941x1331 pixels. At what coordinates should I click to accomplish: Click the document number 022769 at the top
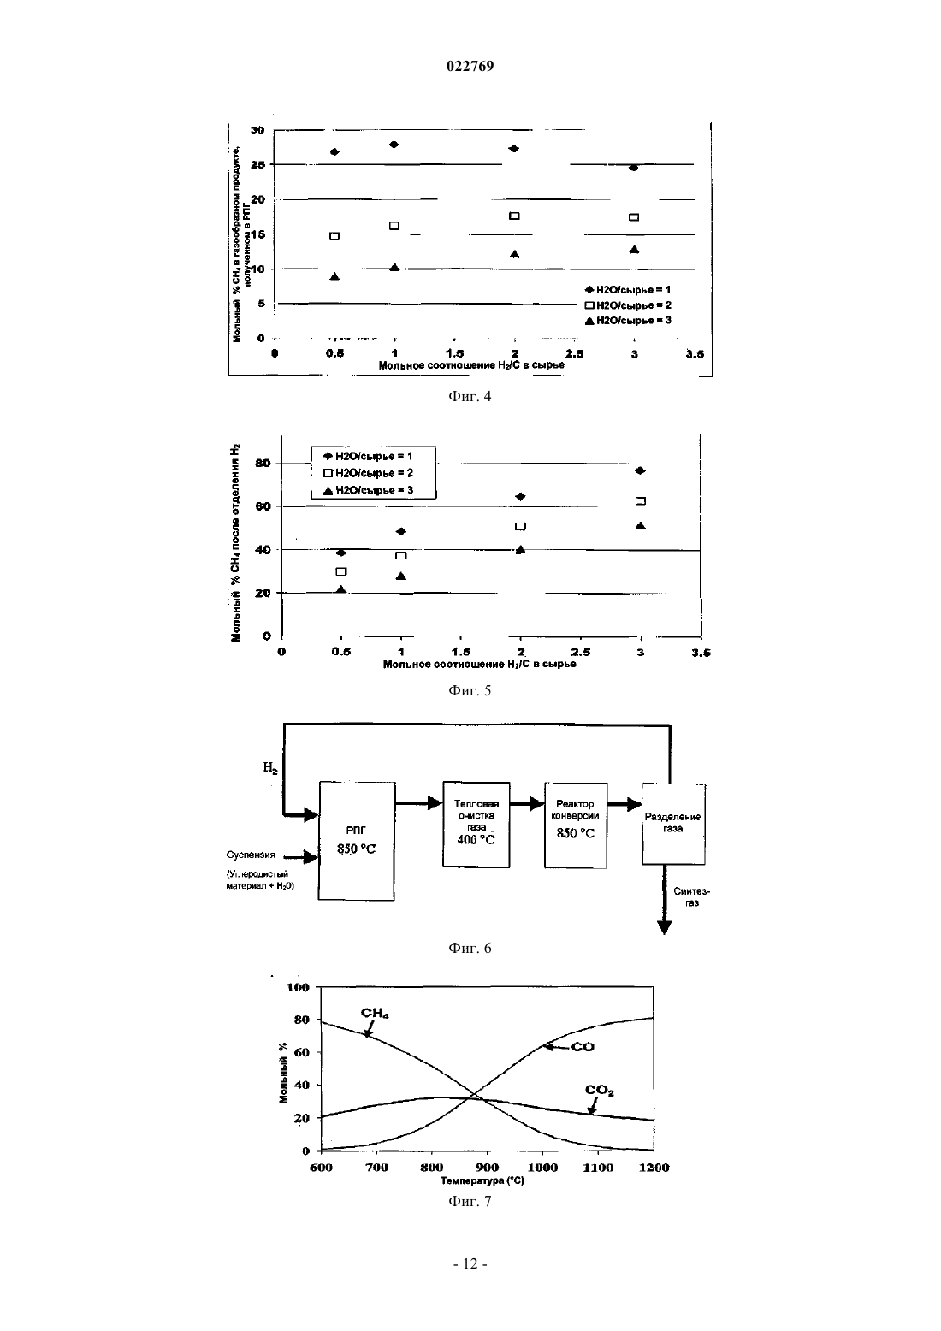pyautogui.click(x=470, y=66)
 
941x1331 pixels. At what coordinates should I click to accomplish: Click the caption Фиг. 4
pyautogui.click(x=470, y=396)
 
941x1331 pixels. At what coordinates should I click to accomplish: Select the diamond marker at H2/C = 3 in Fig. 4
pyautogui.click(x=634, y=168)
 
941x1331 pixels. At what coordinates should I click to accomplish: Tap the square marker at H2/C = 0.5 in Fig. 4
pyautogui.click(x=334, y=236)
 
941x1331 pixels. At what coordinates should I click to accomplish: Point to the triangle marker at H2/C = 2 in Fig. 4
pyautogui.click(x=514, y=254)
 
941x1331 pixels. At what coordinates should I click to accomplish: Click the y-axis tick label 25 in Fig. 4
pyautogui.click(x=257, y=164)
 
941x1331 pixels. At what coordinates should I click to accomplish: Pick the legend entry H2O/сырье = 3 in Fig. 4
pyautogui.click(x=628, y=320)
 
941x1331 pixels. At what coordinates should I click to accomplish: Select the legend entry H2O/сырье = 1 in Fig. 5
pyautogui.click(x=367, y=456)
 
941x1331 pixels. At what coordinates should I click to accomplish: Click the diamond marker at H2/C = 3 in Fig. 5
pyautogui.click(x=640, y=470)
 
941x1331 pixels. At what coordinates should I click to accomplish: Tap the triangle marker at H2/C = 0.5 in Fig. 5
pyautogui.click(x=341, y=589)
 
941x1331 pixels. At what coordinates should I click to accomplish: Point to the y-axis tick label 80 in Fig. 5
pyautogui.click(x=263, y=463)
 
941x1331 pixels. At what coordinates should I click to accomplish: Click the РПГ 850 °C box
pyautogui.click(x=357, y=841)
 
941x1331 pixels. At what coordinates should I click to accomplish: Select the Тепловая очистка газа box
pyautogui.click(x=476, y=825)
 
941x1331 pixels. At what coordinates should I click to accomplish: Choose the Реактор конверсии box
pyautogui.click(x=575, y=825)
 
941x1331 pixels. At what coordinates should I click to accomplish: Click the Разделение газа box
pyautogui.click(x=673, y=824)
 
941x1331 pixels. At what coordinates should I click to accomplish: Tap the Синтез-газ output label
pyautogui.click(x=691, y=896)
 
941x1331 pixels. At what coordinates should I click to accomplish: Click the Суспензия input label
pyautogui.click(x=251, y=855)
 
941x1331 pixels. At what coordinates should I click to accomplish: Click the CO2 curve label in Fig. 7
pyautogui.click(x=599, y=1090)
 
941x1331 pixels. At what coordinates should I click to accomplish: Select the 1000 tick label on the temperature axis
pyautogui.click(x=542, y=1167)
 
